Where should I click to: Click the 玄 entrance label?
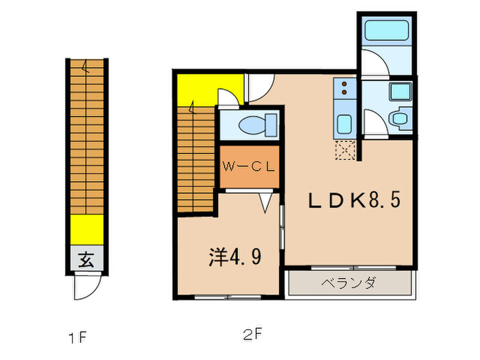(x=85, y=260)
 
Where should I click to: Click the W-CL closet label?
(x=249, y=165)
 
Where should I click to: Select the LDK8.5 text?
(x=353, y=200)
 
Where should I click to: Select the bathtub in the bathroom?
(x=385, y=31)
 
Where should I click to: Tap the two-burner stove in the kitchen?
(x=343, y=89)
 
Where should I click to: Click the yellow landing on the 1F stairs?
(x=85, y=225)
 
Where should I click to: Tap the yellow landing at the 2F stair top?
(x=195, y=89)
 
